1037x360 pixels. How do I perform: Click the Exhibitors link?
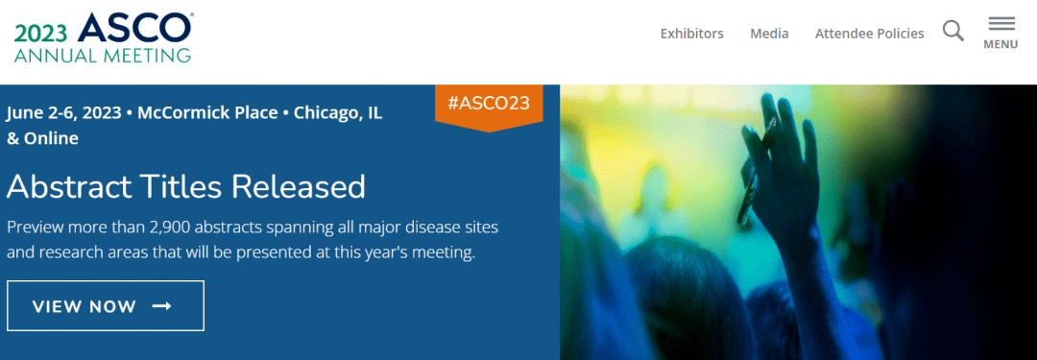[x=691, y=33]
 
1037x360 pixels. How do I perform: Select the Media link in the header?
[x=769, y=33]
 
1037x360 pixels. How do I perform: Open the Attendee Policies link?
[x=870, y=33]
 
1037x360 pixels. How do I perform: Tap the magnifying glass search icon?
[x=953, y=31]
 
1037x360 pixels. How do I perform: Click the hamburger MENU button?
[x=1001, y=33]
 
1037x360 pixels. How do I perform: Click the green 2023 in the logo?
[x=41, y=33]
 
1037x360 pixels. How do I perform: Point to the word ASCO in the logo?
[x=134, y=27]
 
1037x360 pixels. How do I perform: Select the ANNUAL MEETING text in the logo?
[x=103, y=55]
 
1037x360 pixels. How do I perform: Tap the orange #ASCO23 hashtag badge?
[x=489, y=105]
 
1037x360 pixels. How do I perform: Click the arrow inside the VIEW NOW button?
[x=161, y=305]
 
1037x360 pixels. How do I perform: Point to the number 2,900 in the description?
[x=170, y=228]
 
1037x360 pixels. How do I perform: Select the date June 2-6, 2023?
[x=64, y=112]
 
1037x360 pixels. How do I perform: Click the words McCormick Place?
[x=207, y=112]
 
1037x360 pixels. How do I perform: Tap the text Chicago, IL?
[x=338, y=112]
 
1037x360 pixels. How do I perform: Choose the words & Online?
[x=42, y=138]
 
